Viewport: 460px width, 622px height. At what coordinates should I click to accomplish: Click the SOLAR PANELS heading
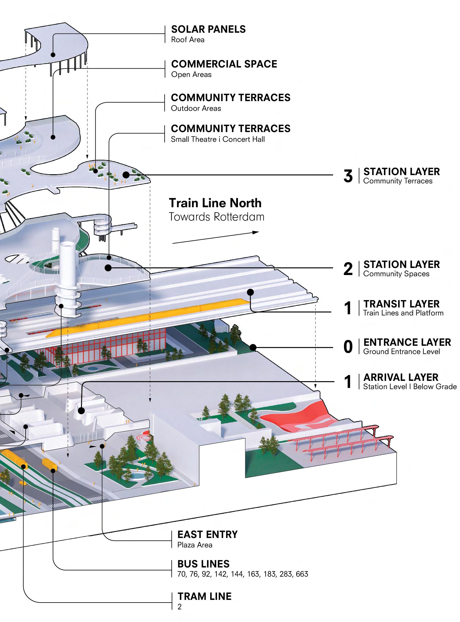pos(208,29)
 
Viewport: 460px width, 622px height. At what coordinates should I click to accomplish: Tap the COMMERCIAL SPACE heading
pos(224,64)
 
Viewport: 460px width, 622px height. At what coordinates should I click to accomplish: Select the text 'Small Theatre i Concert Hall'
pos(218,139)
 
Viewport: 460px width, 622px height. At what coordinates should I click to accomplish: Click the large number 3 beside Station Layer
pos(348,176)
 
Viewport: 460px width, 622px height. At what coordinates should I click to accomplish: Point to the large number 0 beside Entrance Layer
pos(348,347)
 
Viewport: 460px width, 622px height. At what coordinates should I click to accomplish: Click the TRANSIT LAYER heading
pos(401,304)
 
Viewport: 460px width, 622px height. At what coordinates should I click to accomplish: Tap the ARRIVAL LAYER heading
pos(401,377)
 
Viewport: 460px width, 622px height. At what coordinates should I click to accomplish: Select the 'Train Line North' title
pos(215,203)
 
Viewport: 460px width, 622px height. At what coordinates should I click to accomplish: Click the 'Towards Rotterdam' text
pos(216,217)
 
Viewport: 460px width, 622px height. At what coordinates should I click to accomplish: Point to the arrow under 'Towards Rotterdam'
pos(215,238)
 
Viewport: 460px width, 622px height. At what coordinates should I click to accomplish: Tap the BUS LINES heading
pos(203,564)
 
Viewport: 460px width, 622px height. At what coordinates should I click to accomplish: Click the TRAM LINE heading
pos(204,596)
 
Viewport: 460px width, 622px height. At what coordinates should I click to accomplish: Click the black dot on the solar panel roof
pos(53,55)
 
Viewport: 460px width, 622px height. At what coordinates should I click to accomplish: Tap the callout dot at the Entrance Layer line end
pos(253,348)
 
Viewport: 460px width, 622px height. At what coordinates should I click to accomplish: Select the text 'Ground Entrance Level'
pos(401,351)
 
